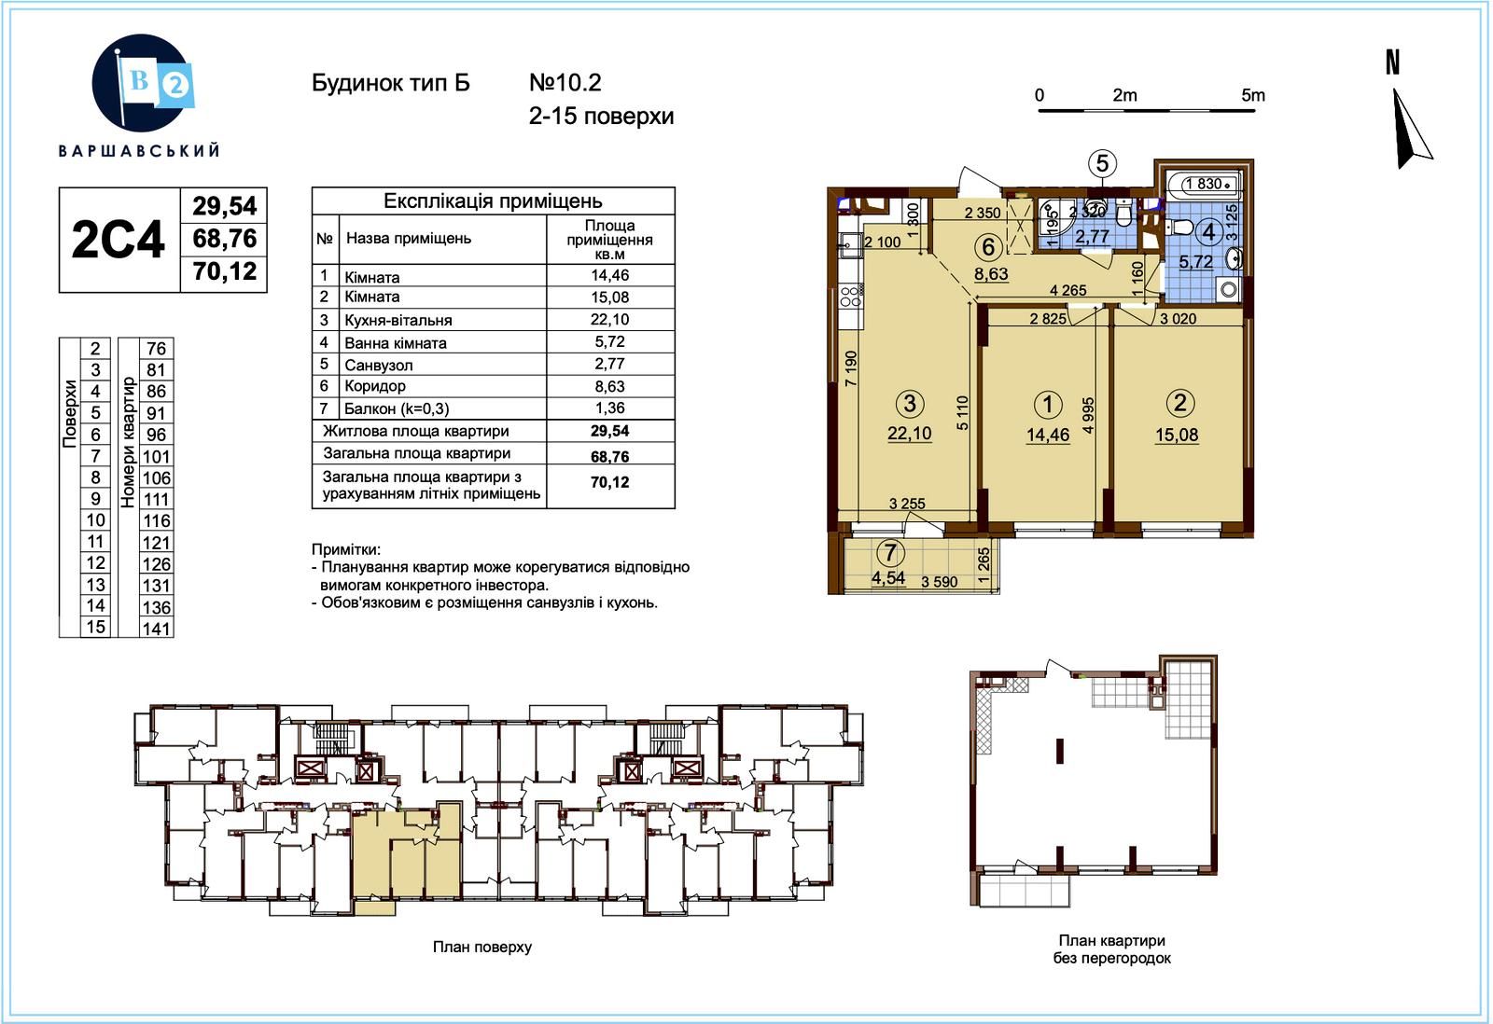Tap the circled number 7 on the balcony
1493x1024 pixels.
pos(890,552)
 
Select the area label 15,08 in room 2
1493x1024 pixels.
pos(1177,435)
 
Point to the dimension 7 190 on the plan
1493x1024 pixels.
pos(850,368)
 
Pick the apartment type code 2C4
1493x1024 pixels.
pos(118,240)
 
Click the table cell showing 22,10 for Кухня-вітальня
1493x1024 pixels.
pos(610,319)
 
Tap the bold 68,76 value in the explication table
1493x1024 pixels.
pos(610,456)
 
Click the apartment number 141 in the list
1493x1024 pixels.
pos(157,629)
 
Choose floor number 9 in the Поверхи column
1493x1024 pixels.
pos(96,498)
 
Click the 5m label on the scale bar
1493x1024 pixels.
pos(1253,95)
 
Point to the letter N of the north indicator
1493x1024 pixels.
pos(1392,62)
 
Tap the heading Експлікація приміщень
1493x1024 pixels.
pos(494,201)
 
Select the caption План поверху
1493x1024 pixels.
pos(482,947)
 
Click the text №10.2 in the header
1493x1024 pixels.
pos(565,83)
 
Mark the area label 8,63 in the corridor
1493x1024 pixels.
pos(991,274)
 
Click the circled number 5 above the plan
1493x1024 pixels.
pos(1102,163)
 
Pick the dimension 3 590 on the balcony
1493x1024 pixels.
pos(940,582)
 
